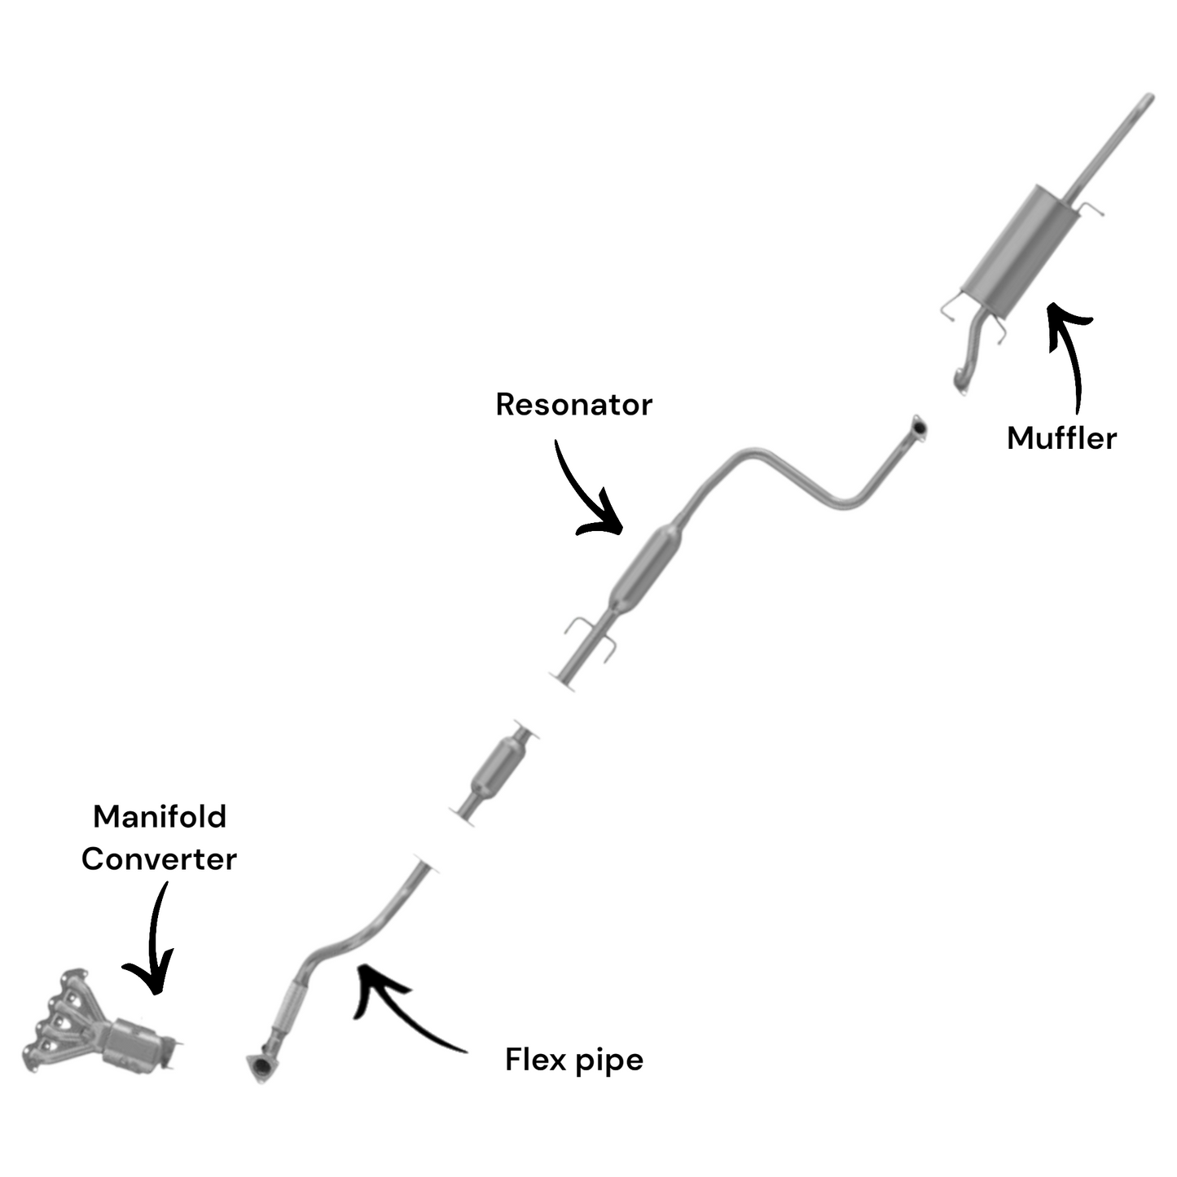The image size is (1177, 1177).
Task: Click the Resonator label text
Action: tap(573, 405)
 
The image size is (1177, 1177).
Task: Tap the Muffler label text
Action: tap(1061, 438)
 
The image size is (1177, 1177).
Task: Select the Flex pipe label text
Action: tap(573, 1060)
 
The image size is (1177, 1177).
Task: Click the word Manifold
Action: tap(160, 816)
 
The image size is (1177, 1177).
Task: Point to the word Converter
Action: tap(159, 859)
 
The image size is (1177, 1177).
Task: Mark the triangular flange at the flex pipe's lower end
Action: tap(259, 1068)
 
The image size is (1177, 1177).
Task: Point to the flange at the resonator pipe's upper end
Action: tap(918, 427)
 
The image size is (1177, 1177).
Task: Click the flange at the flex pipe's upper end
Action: tap(426, 865)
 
